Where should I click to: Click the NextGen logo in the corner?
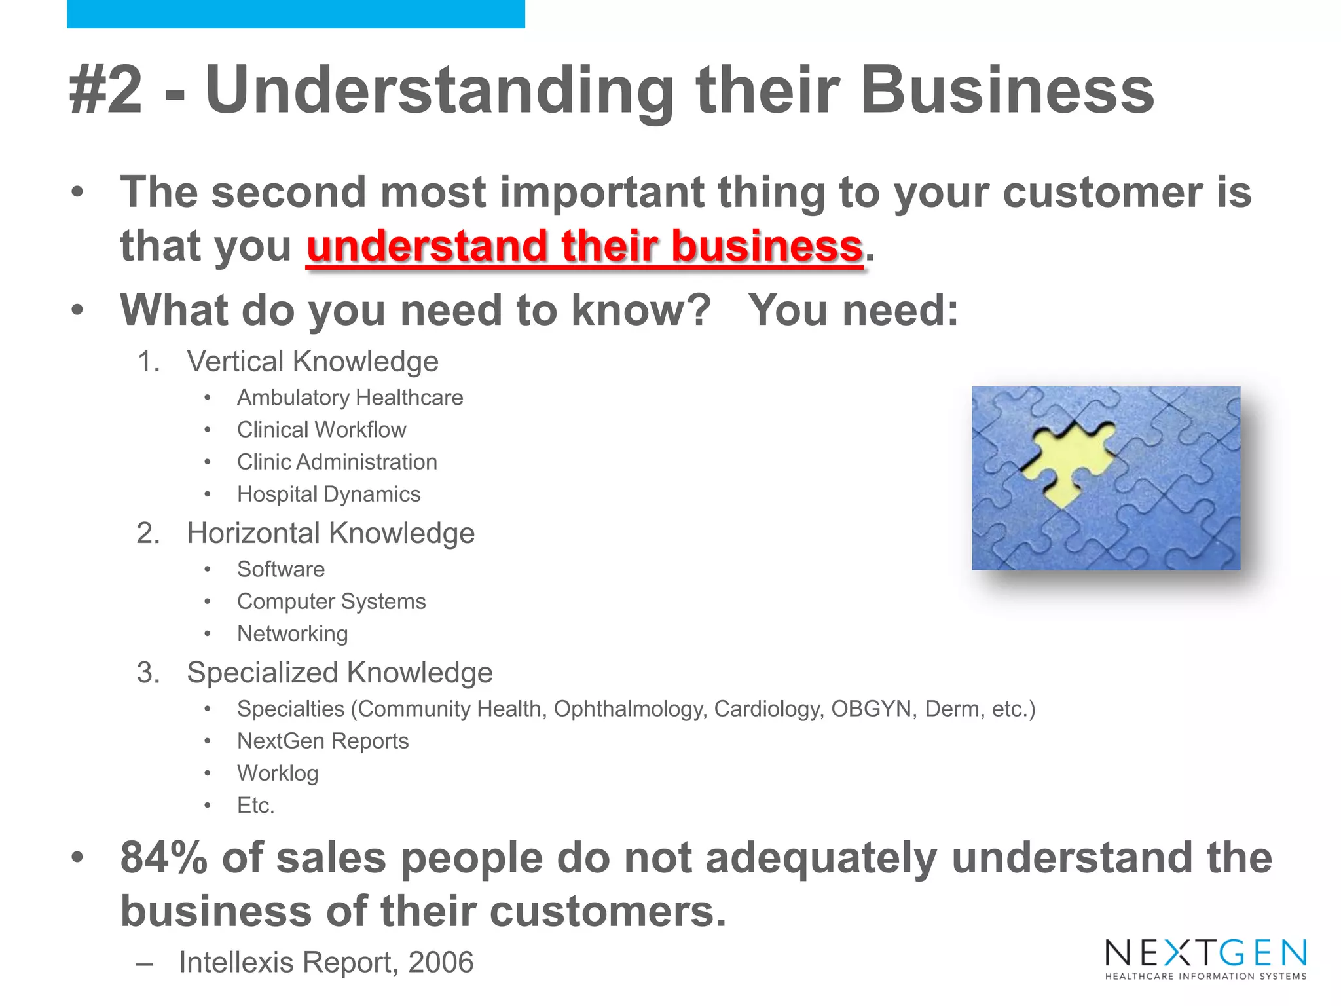point(1205,958)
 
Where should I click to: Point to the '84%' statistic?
point(164,858)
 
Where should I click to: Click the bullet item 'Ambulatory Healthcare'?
point(350,398)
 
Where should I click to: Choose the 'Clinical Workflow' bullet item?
point(321,430)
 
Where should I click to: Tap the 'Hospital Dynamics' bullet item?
point(329,494)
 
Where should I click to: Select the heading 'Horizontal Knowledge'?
point(331,532)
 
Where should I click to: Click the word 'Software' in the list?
point(281,569)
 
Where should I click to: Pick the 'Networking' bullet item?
point(293,633)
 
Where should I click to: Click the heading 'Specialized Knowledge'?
point(340,673)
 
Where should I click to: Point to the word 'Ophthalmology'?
point(631,709)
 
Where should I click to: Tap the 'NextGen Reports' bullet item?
point(323,741)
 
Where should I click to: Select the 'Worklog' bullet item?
point(278,773)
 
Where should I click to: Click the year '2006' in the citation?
point(441,962)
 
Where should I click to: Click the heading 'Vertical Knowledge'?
point(312,361)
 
